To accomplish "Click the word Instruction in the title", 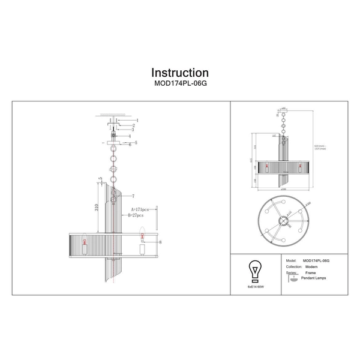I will coord(180,73).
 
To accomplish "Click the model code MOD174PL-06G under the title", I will coord(180,85).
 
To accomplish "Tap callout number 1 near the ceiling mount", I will coord(137,121).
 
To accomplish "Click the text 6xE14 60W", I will coord(255,287).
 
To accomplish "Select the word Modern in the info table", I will coord(311,266).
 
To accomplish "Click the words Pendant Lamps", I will coord(312,279).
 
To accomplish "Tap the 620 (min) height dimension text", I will coord(319,145).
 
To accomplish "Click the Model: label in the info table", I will coord(292,261).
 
